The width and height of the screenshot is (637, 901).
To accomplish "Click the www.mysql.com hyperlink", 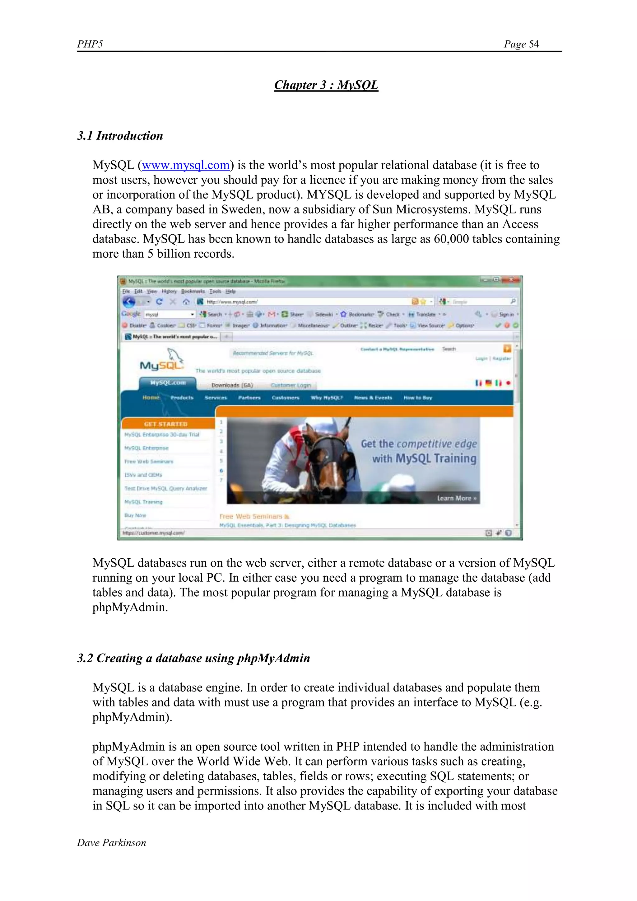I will [x=185, y=165].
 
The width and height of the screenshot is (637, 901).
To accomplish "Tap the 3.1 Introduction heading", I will [x=120, y=136].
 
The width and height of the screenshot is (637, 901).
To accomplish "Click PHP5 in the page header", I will [x=90, y=44].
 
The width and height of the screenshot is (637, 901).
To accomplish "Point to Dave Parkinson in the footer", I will [x=111, y=842].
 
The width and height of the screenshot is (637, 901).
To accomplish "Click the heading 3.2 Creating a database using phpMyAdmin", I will [x=193, y=658].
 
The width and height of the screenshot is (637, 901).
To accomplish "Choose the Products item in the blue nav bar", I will [x=182, y=397].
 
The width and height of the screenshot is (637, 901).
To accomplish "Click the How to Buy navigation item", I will [x=417, y=397].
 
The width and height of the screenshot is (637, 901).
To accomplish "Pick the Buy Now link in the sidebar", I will [x=135, y=515].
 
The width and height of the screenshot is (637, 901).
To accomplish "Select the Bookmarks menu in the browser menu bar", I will [x=193, y=291].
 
